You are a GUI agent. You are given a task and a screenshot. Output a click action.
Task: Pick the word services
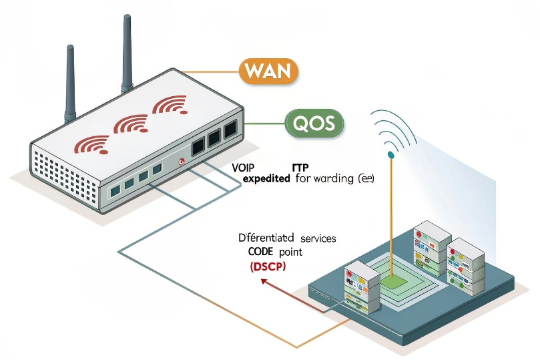point(318,238)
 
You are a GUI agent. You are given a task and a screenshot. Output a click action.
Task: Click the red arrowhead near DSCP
point(262,281)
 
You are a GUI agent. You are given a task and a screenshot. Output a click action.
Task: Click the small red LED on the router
point(182,161)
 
